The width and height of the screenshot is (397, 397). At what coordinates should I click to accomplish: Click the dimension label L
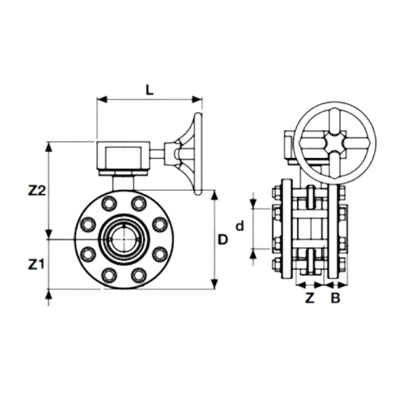(x=150, y=91)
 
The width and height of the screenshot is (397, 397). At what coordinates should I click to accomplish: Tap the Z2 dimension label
(x=37, y=191)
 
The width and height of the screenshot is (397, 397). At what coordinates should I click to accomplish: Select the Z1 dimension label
(x=36, y=264)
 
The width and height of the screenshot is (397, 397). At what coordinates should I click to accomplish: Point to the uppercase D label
(x=222, y=240)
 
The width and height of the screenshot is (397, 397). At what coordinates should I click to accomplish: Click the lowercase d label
(x=240, y=226)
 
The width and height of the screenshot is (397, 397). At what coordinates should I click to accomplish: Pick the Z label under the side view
(x=310, y=299)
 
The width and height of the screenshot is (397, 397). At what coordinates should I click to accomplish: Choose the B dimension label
(x=335, y=299)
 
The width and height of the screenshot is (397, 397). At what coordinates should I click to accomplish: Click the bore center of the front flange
(x=124, y=239)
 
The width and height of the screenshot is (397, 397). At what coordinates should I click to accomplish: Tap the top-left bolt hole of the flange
(x=110, y=203)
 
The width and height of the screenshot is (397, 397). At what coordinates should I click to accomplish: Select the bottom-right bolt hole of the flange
(x=139, y=276)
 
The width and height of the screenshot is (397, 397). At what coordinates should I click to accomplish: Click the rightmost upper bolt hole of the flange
(x=160, y=225)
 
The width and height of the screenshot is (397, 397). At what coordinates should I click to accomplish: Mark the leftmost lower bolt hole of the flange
(x=88, y=254)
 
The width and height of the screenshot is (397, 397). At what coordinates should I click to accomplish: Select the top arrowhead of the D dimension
(x=215, y=195)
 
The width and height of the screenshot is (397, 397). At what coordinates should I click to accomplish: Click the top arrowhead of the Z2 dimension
(x=48, y=147)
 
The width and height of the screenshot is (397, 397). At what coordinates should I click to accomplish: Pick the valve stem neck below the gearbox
(x=123, y=183)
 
